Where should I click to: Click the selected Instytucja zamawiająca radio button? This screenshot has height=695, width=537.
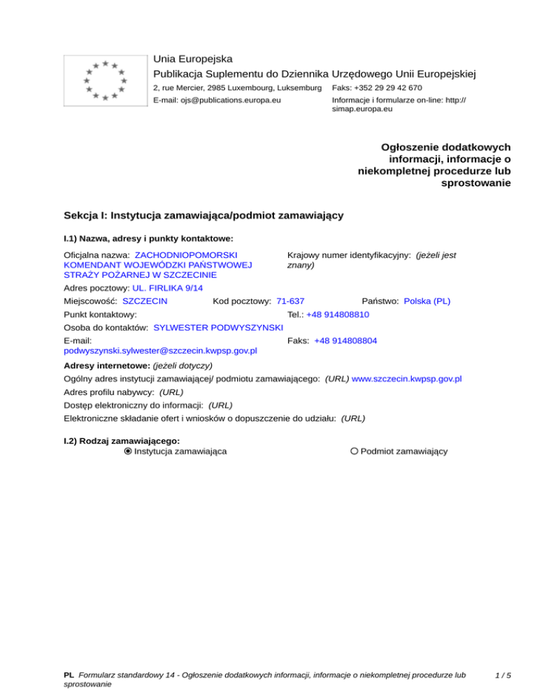128,452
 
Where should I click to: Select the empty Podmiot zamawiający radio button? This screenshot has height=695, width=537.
355,452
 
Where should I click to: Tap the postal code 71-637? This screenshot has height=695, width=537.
290,301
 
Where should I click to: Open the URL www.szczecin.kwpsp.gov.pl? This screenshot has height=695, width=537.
406,379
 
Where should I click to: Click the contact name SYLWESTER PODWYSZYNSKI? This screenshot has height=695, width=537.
217,327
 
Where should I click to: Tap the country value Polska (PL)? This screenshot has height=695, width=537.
427,301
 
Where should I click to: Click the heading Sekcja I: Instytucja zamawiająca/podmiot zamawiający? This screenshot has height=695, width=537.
203,215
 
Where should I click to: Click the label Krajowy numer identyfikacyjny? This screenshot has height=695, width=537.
348,256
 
